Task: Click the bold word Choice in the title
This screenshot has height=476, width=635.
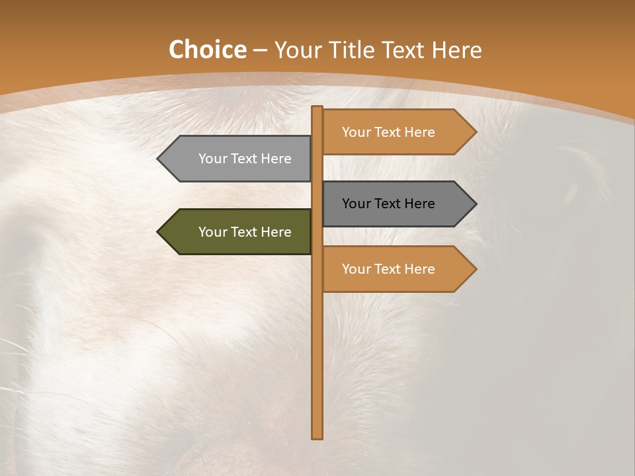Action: (207, 50)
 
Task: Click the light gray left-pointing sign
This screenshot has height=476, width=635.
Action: (238, 159)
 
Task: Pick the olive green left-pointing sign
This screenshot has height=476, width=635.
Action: (238, 232)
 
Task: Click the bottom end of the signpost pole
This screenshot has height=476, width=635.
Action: (317, 436)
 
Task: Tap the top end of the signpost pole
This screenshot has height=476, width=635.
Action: (317, 108)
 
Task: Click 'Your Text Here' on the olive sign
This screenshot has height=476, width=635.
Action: (245, 232)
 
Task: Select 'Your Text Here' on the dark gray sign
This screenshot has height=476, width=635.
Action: (388, 204)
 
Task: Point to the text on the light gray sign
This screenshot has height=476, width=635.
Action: (245, 159)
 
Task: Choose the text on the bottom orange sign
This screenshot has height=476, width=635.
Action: (388, 269)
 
